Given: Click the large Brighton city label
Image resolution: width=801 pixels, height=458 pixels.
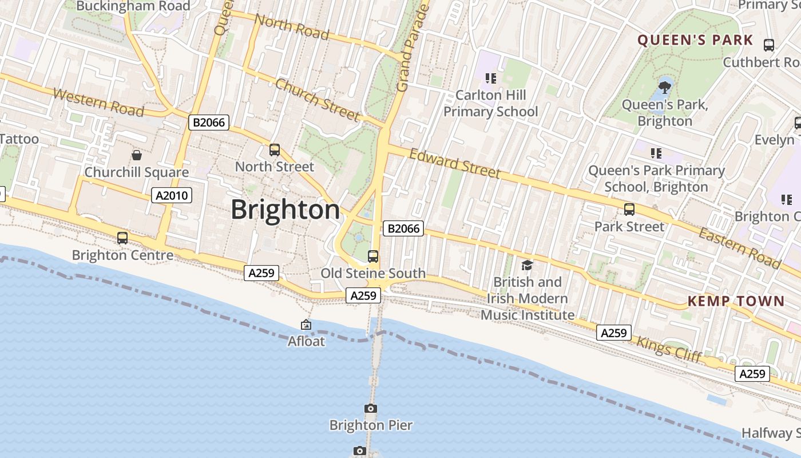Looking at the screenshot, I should point(285,210).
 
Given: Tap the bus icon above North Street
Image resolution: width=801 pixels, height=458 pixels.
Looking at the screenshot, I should point(275,150).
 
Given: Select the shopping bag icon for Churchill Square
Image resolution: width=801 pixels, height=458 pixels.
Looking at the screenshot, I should point(137,155).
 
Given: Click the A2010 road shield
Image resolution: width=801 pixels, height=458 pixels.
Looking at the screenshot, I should point(172,196).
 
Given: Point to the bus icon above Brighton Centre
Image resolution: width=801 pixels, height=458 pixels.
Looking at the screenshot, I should point(122,238).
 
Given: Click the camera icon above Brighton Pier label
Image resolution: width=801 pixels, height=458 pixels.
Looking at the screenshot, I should point(371,408).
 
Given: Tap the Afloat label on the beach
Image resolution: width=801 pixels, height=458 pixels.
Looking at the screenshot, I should point(306,341).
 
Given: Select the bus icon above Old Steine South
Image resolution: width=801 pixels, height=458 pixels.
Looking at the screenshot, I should point(373,256).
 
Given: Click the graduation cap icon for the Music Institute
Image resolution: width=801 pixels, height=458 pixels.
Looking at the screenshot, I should point(527,265).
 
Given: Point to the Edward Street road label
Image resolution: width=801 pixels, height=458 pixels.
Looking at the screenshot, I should point(455,163).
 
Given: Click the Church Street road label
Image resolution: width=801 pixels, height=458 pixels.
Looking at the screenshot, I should point(318,100).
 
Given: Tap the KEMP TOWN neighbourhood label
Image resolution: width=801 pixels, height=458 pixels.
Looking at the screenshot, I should point(736,301).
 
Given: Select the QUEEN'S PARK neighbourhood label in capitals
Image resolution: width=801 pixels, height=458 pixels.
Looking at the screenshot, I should point(695,40).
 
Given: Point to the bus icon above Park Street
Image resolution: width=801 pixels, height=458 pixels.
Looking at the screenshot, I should point(629,210).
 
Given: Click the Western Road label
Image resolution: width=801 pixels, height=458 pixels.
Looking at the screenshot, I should point(98,102).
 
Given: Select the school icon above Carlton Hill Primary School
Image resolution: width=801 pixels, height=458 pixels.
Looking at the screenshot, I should point(490,78).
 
